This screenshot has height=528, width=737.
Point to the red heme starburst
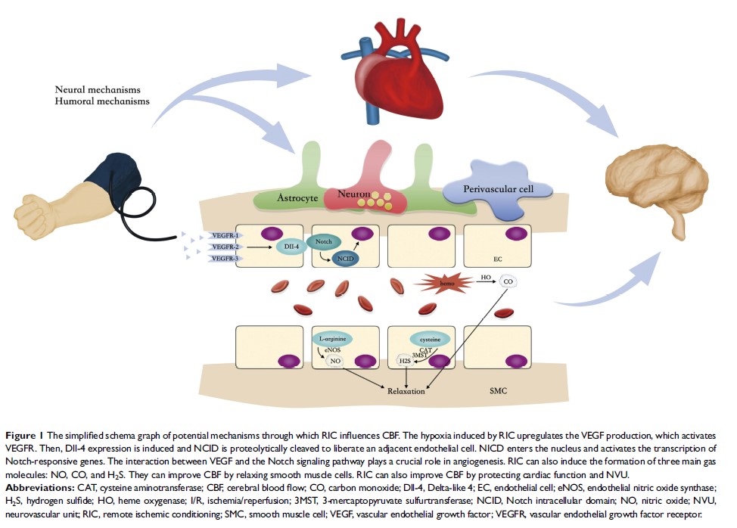pos(437,283)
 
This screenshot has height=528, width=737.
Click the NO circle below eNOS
pos(334,362)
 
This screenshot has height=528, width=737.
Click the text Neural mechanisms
pos(98,89)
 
